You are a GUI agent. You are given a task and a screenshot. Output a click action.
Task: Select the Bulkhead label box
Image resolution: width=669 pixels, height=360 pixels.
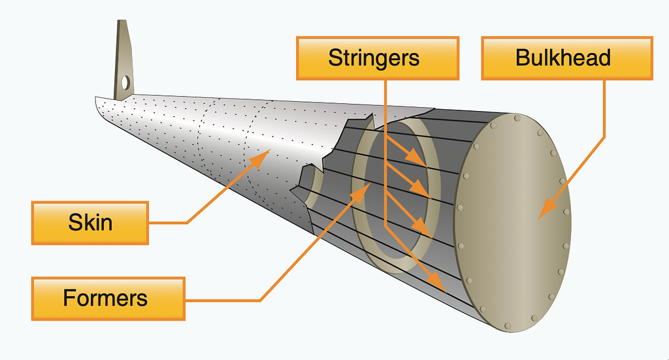point(566,57)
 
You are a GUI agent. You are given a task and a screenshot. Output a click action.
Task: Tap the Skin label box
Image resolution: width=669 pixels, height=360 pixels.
point(90,222)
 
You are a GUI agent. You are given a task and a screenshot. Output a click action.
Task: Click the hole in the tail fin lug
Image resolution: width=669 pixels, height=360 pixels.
point(125,82)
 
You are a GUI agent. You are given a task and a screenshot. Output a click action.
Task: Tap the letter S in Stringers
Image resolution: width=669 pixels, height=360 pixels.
point(334,57)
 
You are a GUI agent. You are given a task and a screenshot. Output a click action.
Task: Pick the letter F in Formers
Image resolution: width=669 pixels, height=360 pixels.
point(69,298)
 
